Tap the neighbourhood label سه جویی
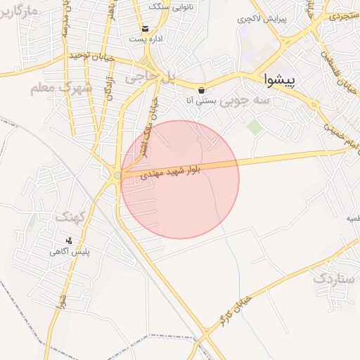[x=245, y=101]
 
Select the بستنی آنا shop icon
[x=202, y=90]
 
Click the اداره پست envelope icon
[x=145, y=29]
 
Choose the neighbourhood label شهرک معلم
[x=62, y=89]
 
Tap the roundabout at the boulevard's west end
[x=116, y=175]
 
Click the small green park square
[x=253, y=127]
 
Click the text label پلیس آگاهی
[x=75, y=250]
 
